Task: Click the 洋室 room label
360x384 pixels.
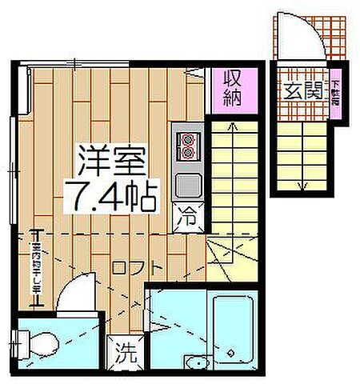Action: coord(111,161)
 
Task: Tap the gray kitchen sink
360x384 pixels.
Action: coord(188,183)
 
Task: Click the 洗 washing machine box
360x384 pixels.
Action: coord(126,350)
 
